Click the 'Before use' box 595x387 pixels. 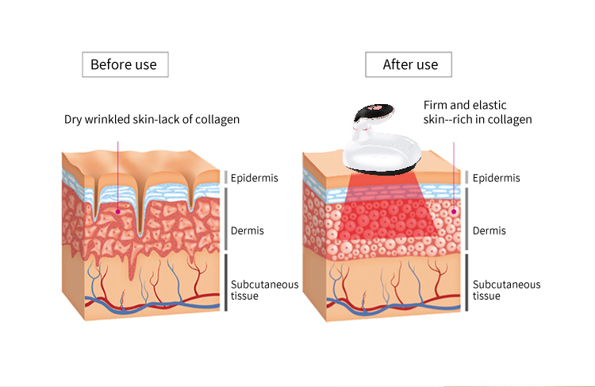coord(125,64)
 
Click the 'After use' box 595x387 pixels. coord(409,64)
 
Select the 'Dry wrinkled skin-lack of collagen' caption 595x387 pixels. coord(152,120)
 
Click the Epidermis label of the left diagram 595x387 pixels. coord(255,178)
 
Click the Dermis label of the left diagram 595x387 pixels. coord(248,230)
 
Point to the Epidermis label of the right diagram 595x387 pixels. coord(497,178)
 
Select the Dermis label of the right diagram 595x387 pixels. coord(489,230)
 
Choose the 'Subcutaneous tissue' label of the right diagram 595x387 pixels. coord(506,290)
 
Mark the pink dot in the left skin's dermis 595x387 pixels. coord(118,211)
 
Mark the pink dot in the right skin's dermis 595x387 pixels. coord(454,211)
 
